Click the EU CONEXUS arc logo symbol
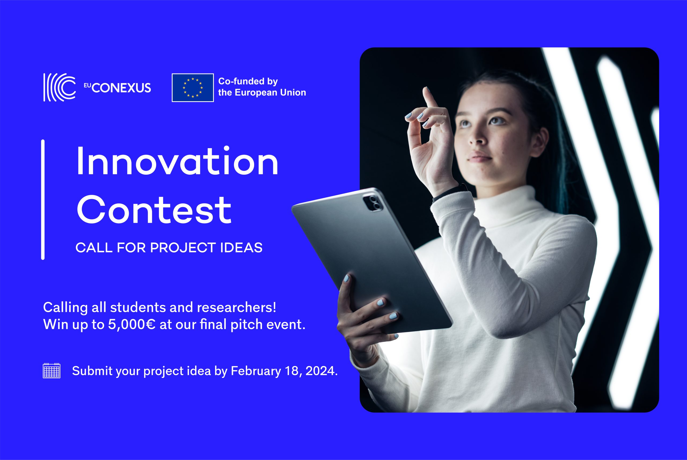[60, 87]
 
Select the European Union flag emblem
[193, 88]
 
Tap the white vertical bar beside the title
[43, 199]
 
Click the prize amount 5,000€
[132, 324]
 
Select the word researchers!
[236, 308]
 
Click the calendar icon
[52, 371]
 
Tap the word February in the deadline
[256, 371]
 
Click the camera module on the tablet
[373, 202]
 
